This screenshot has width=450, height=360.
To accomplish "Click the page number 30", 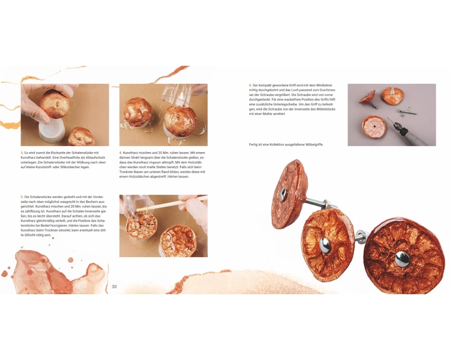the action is pos(114,287).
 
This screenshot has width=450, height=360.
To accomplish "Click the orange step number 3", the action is pos(22,153).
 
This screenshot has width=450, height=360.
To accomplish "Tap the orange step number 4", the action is pos(120,153).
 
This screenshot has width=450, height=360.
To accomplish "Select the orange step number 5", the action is pos(22,197).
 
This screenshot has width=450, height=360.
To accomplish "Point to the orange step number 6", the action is pos(250,85).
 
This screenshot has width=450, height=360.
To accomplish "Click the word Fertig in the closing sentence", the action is pos(253,145).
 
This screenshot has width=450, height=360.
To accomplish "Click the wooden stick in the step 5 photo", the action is pos(172,204).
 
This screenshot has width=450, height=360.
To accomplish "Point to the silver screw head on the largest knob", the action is pos(402,257).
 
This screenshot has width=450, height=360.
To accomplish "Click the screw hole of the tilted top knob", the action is pos(283,193).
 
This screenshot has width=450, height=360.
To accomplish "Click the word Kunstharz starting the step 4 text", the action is pos(129,153).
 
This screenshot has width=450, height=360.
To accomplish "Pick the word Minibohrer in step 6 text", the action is pos(325,85).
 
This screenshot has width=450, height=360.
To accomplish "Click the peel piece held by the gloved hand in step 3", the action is pos(55,104).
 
